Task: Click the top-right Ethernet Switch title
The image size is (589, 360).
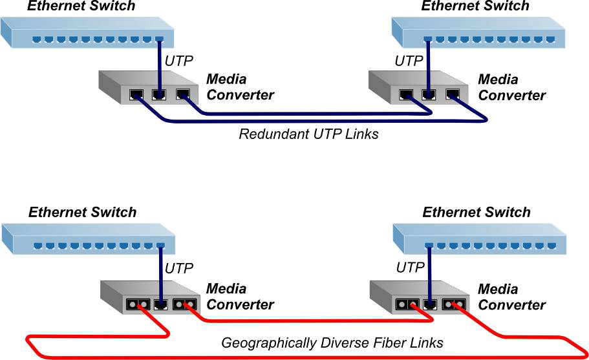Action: coord(475,6)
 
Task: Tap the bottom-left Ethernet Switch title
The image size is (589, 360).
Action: coord(83,213)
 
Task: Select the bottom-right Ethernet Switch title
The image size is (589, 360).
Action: coord(477,213)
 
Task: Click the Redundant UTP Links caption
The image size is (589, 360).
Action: coord(308,134)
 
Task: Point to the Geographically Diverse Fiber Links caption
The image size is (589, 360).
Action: coord(332,343)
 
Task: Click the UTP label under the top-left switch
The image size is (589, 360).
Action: coord(180,62)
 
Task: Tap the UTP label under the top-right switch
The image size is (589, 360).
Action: coord(409,61)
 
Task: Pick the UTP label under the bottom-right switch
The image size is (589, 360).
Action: coord(410,268)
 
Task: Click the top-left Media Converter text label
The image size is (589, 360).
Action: coord(240,87)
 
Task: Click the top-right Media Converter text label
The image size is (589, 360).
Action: coord(511,87)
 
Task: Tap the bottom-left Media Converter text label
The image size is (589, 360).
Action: coord(240,296)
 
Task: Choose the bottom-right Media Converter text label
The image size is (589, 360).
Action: coord(511,297)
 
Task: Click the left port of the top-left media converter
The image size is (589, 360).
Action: coord(136,94)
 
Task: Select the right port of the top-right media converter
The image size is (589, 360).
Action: coord(452,94)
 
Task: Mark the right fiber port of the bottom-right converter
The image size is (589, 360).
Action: coord(451,303)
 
